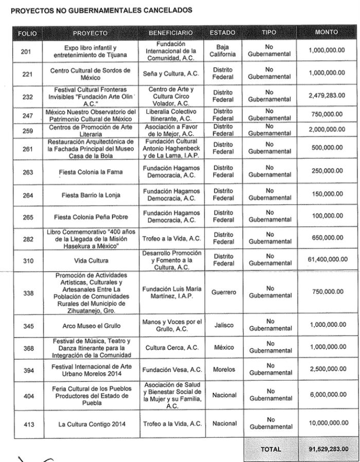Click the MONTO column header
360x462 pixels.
(326, 32)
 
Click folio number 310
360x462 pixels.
(27, 260)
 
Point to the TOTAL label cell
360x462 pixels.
(271, 449)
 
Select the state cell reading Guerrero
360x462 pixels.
(223, 292)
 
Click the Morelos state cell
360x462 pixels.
(223, 369)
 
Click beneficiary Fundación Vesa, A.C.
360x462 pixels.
(171, 369)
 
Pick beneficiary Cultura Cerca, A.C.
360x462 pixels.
(171, 348)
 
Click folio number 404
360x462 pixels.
(27, 396)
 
